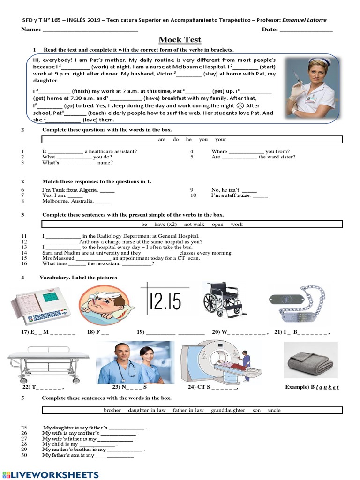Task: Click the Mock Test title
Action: [180, 40]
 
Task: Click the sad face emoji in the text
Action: [240, 106]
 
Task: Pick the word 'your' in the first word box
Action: [220, 139]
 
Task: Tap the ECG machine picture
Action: [41, 307]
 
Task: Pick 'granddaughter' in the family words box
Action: [228, 410]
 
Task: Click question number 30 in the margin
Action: [24, 455]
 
